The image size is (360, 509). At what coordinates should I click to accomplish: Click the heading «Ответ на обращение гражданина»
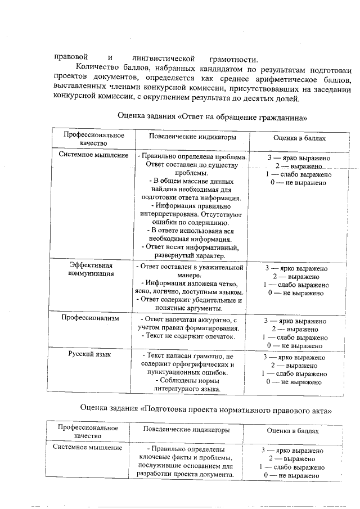[x=213, y=118]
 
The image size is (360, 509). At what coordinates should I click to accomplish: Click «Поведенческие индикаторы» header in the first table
[x=192, y=137]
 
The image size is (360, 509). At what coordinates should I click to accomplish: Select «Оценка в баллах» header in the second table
[x=292, y=431]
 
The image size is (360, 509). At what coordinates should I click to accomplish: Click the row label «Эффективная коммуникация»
[x=92, y=269]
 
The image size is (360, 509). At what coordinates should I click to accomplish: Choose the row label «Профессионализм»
[x=92, y=318]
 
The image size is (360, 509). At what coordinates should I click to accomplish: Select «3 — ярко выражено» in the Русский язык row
[x=294, y=357]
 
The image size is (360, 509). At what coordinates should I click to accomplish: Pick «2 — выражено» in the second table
[x=292, y=459]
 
